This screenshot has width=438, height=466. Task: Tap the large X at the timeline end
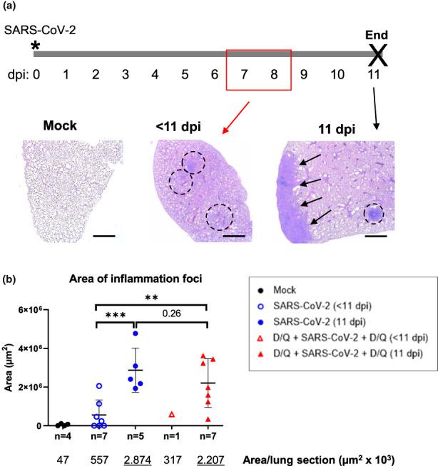378,53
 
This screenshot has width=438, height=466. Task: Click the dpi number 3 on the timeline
125,74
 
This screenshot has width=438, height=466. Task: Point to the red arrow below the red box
235,113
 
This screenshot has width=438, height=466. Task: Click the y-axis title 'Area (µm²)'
9,368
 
